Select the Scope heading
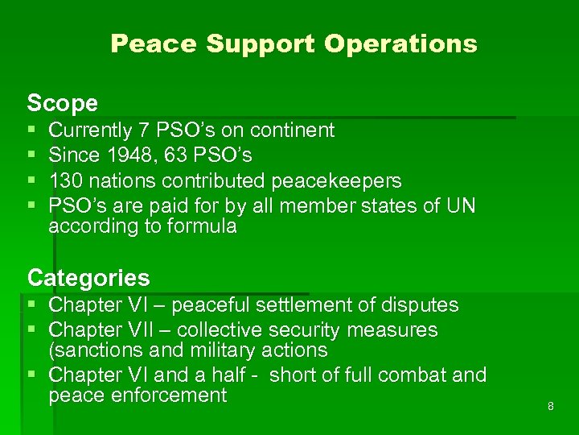[x=63, y=103]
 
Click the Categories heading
[x=88, y=278]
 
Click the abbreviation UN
[x=461, y=206]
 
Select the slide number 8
[x=551, y=406]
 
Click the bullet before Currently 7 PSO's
[x=31, y=130]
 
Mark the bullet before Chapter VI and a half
[x=31, y=375]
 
